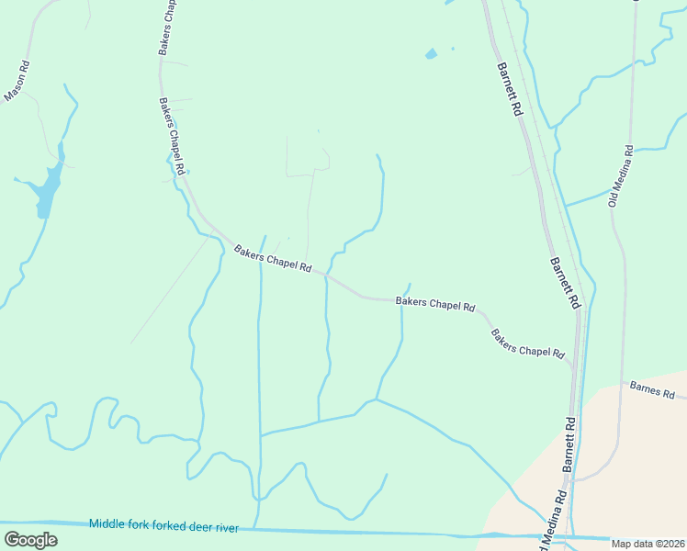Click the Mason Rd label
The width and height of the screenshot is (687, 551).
click(18, 81)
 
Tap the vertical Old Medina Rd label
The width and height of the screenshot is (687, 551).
click(620, 174)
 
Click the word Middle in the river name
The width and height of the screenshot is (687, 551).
click(107, 524)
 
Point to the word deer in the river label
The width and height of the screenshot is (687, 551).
click(196, 527)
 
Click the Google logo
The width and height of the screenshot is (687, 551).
click(30, 540)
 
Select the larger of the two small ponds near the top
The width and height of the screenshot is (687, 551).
click(431, 54)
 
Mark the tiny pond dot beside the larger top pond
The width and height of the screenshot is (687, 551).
click(452, 49)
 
